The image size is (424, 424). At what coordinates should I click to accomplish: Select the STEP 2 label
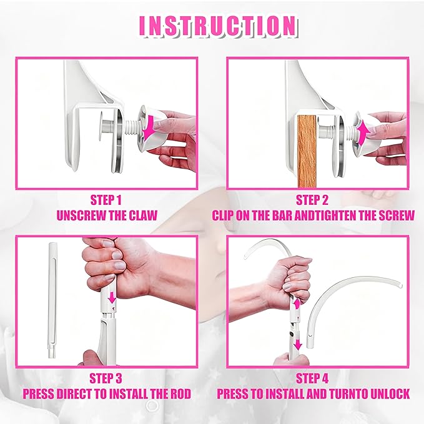click(317, 201)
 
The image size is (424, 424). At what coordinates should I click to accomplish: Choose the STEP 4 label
click(317, 378)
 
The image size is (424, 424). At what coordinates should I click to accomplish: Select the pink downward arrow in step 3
click(112, 300)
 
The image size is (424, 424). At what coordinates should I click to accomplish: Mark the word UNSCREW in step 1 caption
click(77, 216)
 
